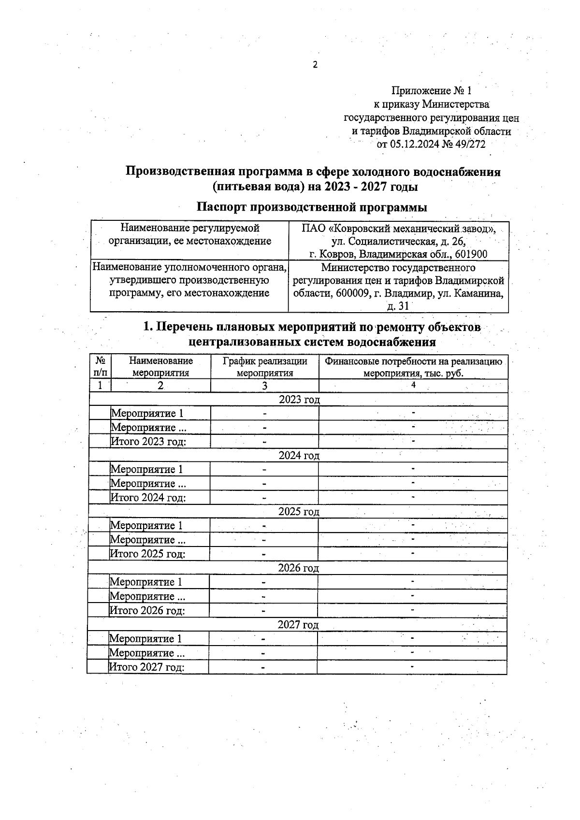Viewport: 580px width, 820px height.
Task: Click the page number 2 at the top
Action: [315, 65]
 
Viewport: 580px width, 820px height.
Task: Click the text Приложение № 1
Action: [431, 91]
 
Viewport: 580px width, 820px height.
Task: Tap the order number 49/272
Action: [467, 144]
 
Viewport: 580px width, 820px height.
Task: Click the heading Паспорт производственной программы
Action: [312, 207]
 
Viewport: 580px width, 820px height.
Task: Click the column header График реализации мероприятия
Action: [265, 367]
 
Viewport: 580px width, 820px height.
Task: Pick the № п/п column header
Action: [101, 367]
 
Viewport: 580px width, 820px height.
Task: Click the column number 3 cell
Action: [265, 386]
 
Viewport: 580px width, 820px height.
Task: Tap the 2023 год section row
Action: [299, 399]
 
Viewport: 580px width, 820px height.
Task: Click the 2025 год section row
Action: [299, 512]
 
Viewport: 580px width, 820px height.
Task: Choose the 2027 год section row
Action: [298, 625]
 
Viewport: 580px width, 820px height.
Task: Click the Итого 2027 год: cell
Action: [147, 667]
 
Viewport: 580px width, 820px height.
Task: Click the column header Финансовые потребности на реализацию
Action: [413, 361]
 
